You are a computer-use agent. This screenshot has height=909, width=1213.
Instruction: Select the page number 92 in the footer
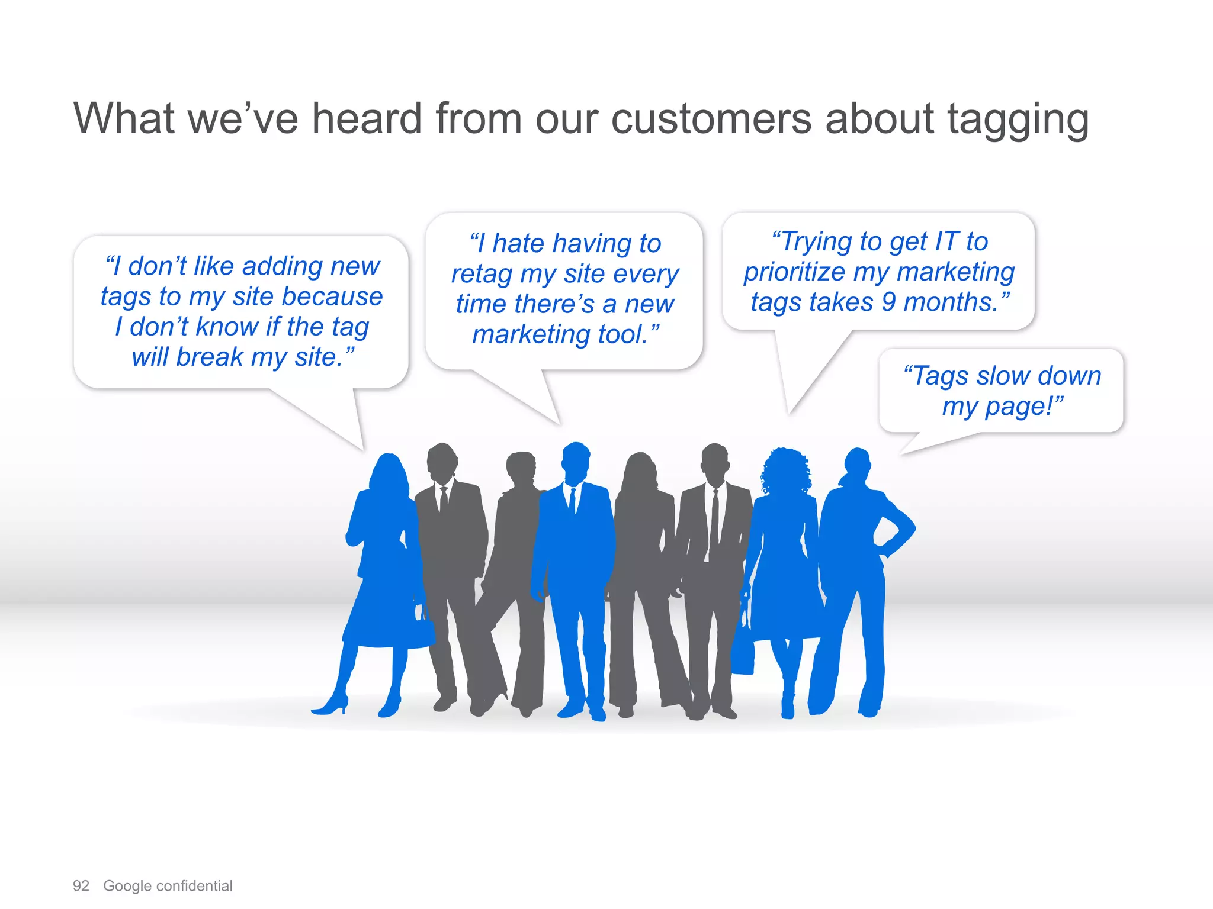[x=81, y=886]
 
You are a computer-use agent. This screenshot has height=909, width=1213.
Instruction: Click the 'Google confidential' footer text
[x=168, y=886]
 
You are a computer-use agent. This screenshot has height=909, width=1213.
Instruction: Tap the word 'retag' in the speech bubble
[x=482, y=275]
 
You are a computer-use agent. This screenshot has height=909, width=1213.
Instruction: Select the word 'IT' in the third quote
[x=946, y=241]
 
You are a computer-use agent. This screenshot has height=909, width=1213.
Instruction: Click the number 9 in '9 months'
[x=888, y=302]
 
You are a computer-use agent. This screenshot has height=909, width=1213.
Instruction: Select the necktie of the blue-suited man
[x=573, y=501]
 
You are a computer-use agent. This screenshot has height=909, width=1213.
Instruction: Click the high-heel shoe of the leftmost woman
[x=332, y=705]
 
